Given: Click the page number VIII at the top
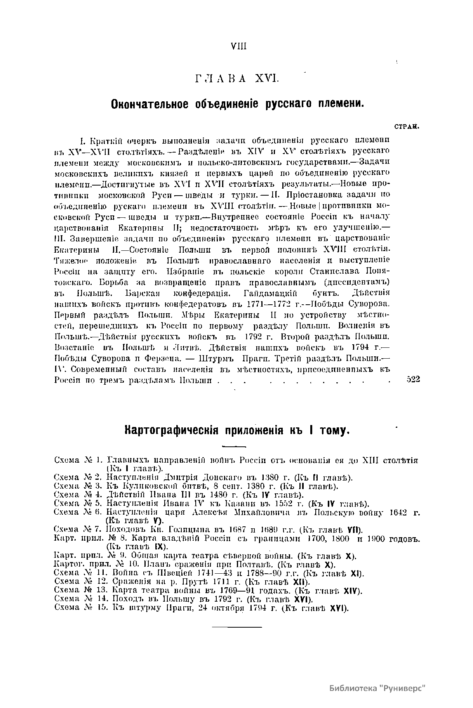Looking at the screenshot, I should [x=238, y=47].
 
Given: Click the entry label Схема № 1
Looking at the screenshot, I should [x=77, y=461].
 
